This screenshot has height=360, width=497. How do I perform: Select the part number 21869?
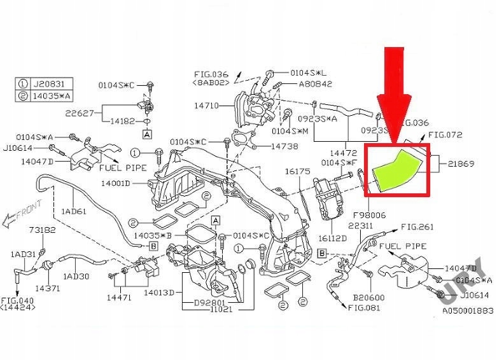(461, 163)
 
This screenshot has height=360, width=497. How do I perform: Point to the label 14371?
(48, 288)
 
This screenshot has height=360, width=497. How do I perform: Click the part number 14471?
(118, 296)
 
